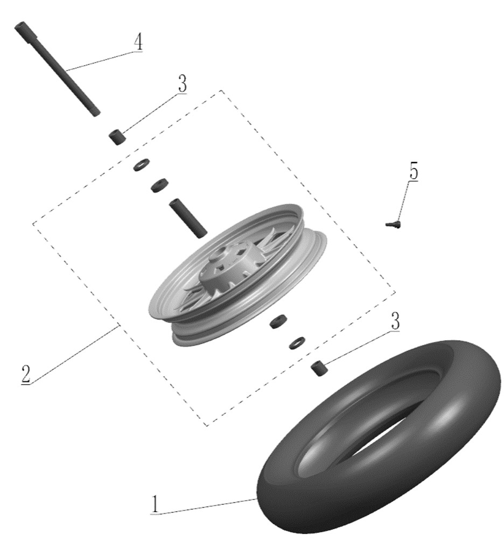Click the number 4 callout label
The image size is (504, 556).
pyautogui.click(x=138, y=42)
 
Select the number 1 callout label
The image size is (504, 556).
pyautogui.click(x=155, y=504)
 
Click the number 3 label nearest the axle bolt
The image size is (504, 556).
pyautogui.click(x=182, y=83)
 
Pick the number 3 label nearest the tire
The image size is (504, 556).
pyautogui.click(x=395, y=321)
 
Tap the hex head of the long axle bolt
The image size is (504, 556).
pyautogui.click(x=20, y=27)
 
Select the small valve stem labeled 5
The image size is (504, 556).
pyautogui.click(x=393, y=224)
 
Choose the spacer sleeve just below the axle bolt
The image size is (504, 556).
pyautogui.click(x=117, y=138)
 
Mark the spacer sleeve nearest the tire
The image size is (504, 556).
pyautogui.click(x=319, y=368)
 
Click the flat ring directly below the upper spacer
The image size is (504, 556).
pyautogui.click(x=142, y=165)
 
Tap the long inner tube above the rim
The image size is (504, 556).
pyautogui.click(x=188, y=218)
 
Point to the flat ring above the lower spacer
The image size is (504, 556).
pyautogui.click(x=297, y=342)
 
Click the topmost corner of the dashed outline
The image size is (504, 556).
pyautogui.click(x=221, y=90)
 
